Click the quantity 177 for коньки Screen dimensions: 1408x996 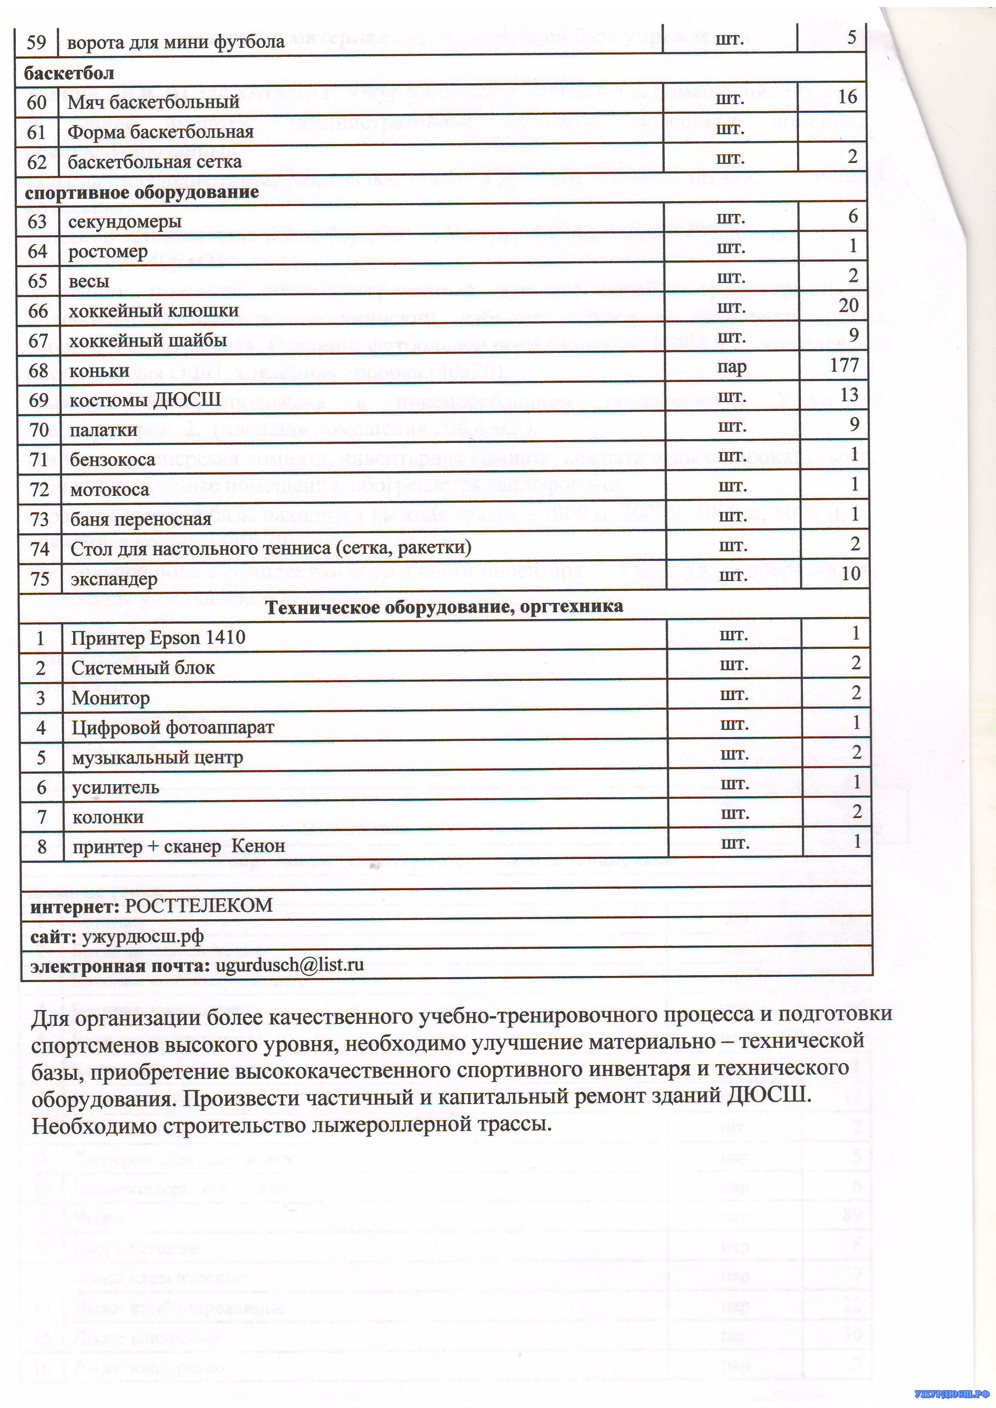[x=845, y=365]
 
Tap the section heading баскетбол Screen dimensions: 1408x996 [x=69, y=73]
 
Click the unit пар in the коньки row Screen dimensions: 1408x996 [x=732, y=367]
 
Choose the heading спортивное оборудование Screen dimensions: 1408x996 [x=142, y=192]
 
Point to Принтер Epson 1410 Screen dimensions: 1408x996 [x=158, y=638]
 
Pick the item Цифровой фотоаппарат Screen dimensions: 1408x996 [x=173, y=728]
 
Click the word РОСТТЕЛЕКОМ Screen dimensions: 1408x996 [x=199, y=906]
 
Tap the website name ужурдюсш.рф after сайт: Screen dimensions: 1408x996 [x=151, y=936]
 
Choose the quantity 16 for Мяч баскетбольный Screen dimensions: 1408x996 [x=847, y=97]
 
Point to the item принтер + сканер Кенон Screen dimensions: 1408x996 [x=178, y=847]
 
